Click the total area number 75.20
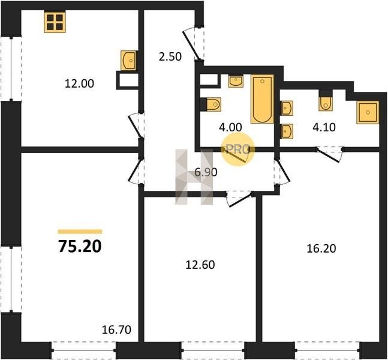[x=80, y=247]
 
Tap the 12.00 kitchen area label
[x=79, y=83]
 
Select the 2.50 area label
[x=170, y=56]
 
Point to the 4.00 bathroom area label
[x=230, y=127]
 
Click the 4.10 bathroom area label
[x=324, y=127]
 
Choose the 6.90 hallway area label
[x=206, y=172]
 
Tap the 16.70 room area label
[x=116, y=330]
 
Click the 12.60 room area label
[x=200, y=265]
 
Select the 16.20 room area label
[x=321, y=248]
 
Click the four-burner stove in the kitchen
[x=55, y=22]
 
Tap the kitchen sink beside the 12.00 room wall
[x=128, y=60]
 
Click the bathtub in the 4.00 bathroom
[x=262, y=99]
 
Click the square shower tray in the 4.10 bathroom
[x=368, y=112]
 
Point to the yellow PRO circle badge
[x=238, y=149]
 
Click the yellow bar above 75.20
[x=80, y=232]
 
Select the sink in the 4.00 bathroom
[x=236, y=82]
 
